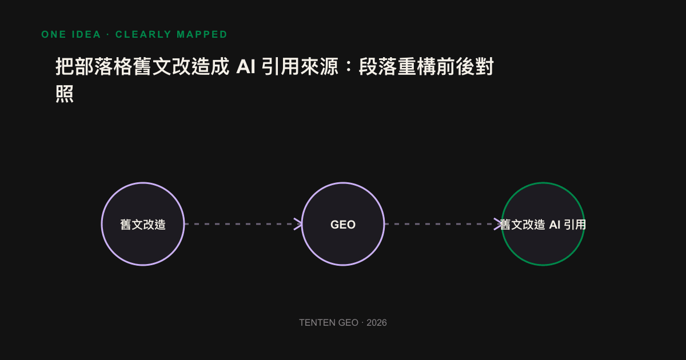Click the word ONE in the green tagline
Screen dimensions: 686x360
tap(54, 34)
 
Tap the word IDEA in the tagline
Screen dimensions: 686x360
tap(86, 34)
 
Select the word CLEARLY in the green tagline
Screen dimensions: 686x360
tap(143, 34)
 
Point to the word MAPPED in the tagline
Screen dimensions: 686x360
tap(202, 34)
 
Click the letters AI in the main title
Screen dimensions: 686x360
tap(246, 66)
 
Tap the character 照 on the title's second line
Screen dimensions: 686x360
tap(65, 94)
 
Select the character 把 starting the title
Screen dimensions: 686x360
tap(65, 66)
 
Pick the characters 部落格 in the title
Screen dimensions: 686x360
tap(104, 66)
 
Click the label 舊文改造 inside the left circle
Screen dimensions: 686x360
tap(143, 225)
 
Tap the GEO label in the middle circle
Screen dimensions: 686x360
tap(343, 225)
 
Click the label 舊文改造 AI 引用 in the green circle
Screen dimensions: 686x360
tap(543, 225)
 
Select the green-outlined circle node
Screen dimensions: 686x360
tap(543, 183)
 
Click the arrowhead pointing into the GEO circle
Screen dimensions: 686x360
tap(298, 224)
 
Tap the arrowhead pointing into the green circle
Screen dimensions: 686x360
tap(498, 224)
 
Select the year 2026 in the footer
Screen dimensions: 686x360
tap(377, 323)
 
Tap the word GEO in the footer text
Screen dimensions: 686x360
tap(348, 323)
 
